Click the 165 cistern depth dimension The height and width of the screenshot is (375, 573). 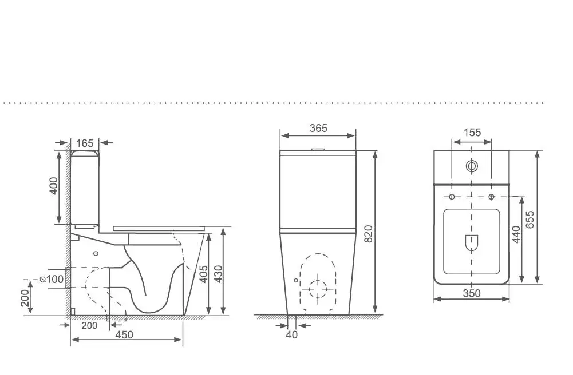click(85, 143)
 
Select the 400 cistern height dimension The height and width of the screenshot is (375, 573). click(53, 186)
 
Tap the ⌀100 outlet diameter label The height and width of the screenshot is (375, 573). click(53, 279)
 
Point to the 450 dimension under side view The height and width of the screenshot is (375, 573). click(124, 334)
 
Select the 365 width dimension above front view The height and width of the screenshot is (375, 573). click(318, 129)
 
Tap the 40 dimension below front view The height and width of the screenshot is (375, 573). click(291, 334)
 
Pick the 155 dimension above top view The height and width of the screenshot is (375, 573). click(472, 133)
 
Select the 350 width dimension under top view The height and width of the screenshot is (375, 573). click(472, 293)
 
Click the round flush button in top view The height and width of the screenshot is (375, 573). click(472, 167)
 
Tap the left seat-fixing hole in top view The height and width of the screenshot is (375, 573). click(452, 197)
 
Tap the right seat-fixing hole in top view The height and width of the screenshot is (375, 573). click(492, 197)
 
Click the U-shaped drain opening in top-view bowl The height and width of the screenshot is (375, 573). click(472, 243)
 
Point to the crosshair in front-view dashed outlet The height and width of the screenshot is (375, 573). click(317, 288)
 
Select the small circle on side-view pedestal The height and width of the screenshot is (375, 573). click(96, 253)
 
